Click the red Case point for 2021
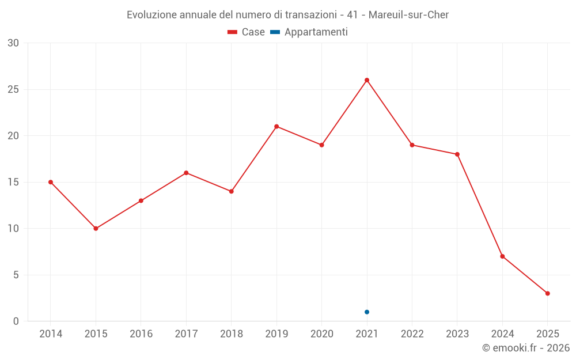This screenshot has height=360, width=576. coord(367,80)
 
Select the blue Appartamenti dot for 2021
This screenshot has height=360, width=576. coord(367,312)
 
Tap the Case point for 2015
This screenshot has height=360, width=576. coord(96,229)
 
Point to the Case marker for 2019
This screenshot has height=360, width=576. coord(276,127)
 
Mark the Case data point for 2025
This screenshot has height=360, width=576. coord(547,294)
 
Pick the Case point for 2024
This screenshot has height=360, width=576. coord(502,256)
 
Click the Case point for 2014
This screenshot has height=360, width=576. coord(51,182)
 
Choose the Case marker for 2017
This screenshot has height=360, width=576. coord(186,173)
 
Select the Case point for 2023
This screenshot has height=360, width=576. coord(457,154)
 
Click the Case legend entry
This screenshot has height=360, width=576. coord(247,32)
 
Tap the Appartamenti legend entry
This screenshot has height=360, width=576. coord(309,32)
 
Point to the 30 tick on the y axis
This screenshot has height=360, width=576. coord(13,43)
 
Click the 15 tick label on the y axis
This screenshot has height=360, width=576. coord(13,182)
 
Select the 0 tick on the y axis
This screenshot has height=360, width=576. coord(16,321)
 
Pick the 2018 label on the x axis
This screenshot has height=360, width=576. coord(231,334)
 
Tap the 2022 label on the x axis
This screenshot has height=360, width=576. coord(412,334)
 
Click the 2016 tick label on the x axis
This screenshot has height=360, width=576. coord(141,334)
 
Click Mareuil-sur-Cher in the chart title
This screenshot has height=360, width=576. coord(408,15)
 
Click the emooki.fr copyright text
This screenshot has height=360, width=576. coord(526,348)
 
